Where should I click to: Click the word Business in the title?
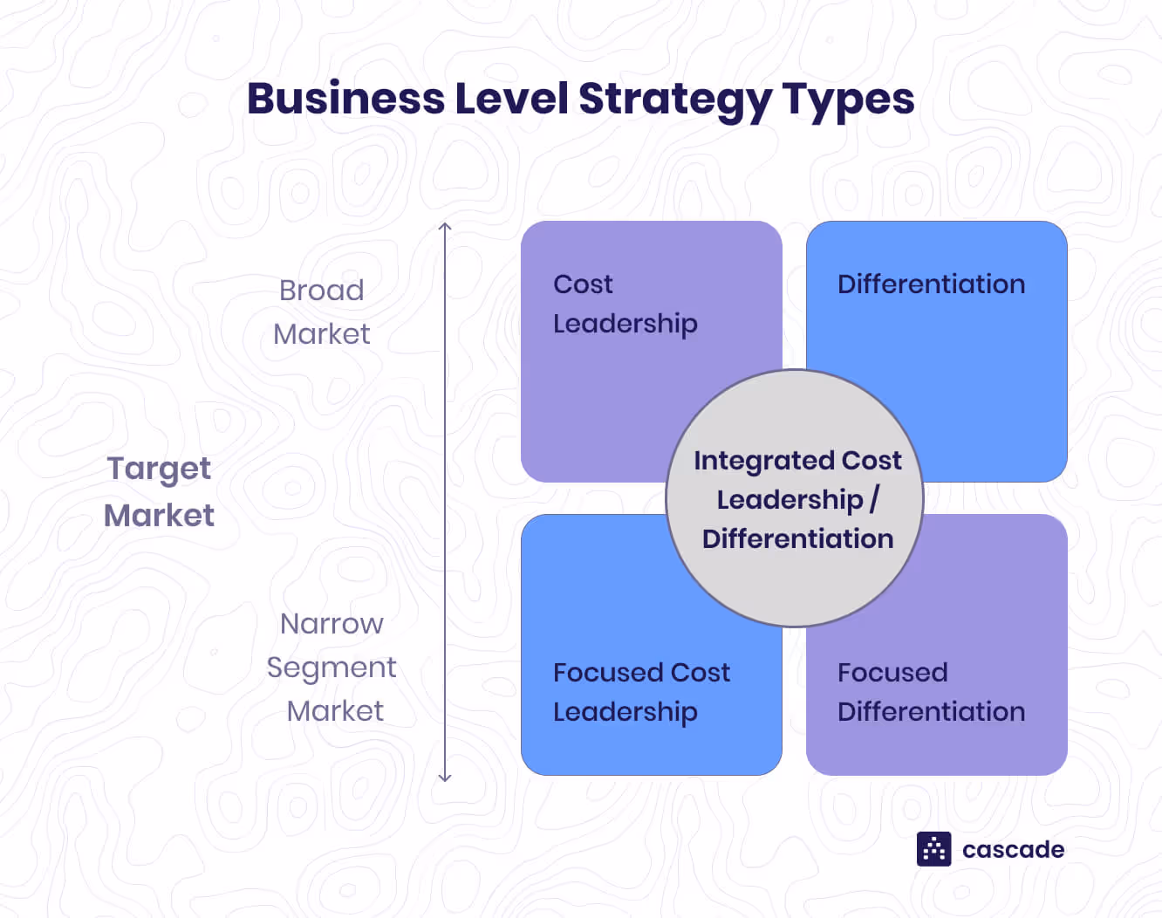click(345, 99)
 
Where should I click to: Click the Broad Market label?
click(322, 312)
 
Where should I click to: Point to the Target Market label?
click(159, 491)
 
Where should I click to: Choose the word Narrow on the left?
click(332, 624)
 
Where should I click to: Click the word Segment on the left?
click(332, 668)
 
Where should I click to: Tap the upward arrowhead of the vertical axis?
click(445, 227)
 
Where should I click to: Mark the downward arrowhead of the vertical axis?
click(445, 777)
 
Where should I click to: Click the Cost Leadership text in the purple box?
click(625, 304)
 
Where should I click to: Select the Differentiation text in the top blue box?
click(931, 284)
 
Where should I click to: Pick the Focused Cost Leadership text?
click(641, 692)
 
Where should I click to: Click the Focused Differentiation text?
click(931, 692)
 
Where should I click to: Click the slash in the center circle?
click(874, 499)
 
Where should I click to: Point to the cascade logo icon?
click(933, 849)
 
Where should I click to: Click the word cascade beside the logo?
click(1013, 850)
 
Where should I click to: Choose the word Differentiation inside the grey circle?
click(797, 539)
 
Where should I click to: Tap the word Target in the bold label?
click(159, 469)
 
